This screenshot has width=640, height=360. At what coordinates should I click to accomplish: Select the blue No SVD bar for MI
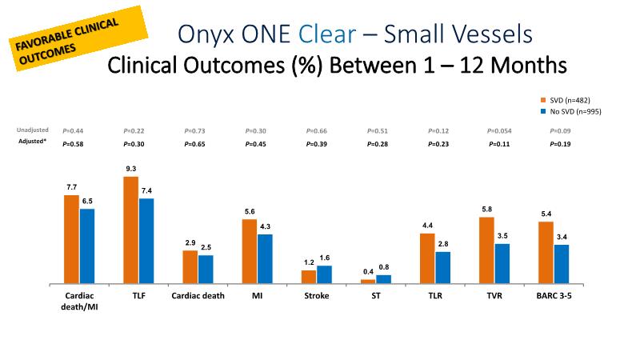coord(265,259)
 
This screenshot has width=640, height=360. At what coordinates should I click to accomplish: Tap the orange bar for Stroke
coord(309,277)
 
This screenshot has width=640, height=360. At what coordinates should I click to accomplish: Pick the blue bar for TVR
coord(502,264)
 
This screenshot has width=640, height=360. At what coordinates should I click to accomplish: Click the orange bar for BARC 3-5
coord(546,253)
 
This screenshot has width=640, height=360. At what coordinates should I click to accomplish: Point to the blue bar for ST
coord(384,279)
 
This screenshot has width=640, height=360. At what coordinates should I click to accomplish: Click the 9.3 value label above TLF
coord(131,170)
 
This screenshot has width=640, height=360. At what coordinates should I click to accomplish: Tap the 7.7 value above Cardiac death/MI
coord(72,188)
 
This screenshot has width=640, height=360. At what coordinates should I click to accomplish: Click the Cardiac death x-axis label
coord(198,295)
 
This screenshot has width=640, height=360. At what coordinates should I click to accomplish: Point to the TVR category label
coord(494,295)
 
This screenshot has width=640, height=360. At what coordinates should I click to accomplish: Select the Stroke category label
coord(316,295)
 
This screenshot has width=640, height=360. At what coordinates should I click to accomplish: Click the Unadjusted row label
coord(33,130)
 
